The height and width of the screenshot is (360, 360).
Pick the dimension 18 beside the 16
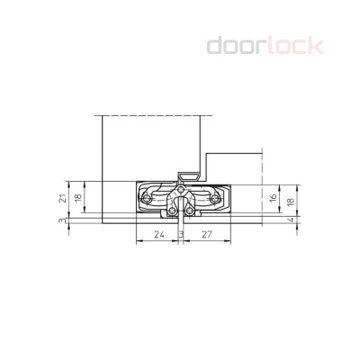click(288, 202)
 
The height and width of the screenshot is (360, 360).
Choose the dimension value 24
click(157, 234)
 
